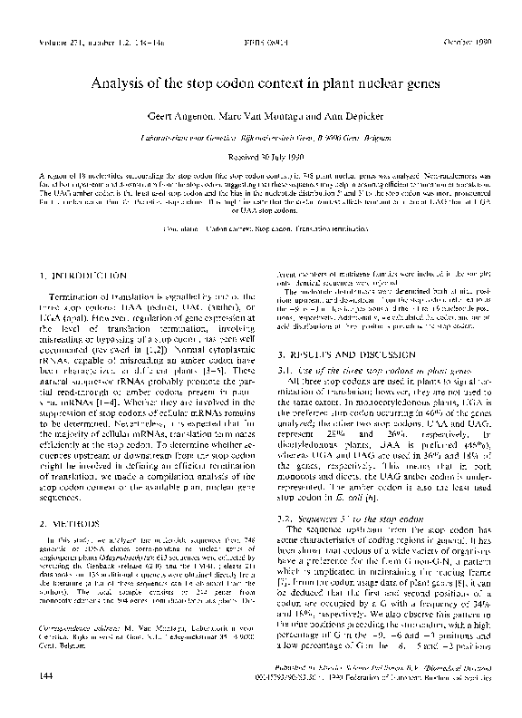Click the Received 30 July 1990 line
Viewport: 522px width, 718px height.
(x=261, y=156)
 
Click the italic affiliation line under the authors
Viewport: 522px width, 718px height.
(x=261, y=137)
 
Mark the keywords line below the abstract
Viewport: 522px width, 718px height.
(x=261, y=228)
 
